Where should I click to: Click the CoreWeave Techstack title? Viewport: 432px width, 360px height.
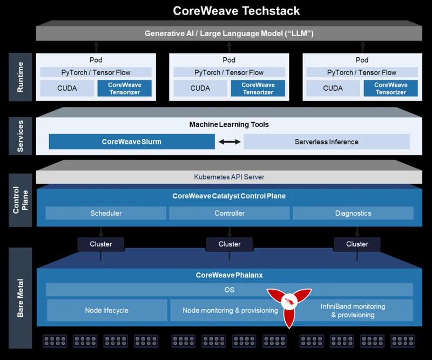[236, 11]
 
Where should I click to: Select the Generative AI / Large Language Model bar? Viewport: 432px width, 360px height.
[229, 34]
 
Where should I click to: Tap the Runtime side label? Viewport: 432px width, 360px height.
[20, 77]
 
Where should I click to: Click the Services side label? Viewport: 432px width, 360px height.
[20, 135]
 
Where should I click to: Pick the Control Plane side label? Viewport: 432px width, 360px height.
[20, 199]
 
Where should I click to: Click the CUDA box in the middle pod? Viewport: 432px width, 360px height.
[200, 88]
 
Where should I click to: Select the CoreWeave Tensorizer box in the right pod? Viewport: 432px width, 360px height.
[390, 88]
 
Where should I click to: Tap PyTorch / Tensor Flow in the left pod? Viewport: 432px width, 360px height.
[96, 72]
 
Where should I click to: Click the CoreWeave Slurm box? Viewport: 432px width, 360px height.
[132, 142]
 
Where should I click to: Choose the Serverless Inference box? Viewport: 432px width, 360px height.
[326, 142]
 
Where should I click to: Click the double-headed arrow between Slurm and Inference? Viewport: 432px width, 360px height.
[230, 142]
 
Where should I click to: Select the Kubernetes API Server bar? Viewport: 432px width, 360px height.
[229, 177]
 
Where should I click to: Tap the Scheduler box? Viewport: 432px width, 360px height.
[106, 213]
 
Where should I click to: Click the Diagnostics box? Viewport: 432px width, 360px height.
[353, 213]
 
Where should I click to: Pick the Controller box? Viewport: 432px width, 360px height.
[230, 213]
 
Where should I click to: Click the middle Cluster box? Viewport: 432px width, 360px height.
[230, 244]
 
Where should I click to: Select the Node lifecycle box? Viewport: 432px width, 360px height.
[106, 310]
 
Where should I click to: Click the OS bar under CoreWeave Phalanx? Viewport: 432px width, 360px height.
[229, 290]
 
